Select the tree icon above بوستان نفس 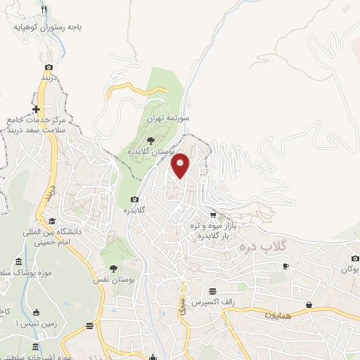(113, 268)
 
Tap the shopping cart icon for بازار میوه (213, 214)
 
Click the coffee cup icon (285, 266)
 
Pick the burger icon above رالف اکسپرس (212, 291)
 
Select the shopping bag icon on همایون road (309, 304)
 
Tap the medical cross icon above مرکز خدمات (36, 110)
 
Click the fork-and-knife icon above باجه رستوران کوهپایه (44, 10)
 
